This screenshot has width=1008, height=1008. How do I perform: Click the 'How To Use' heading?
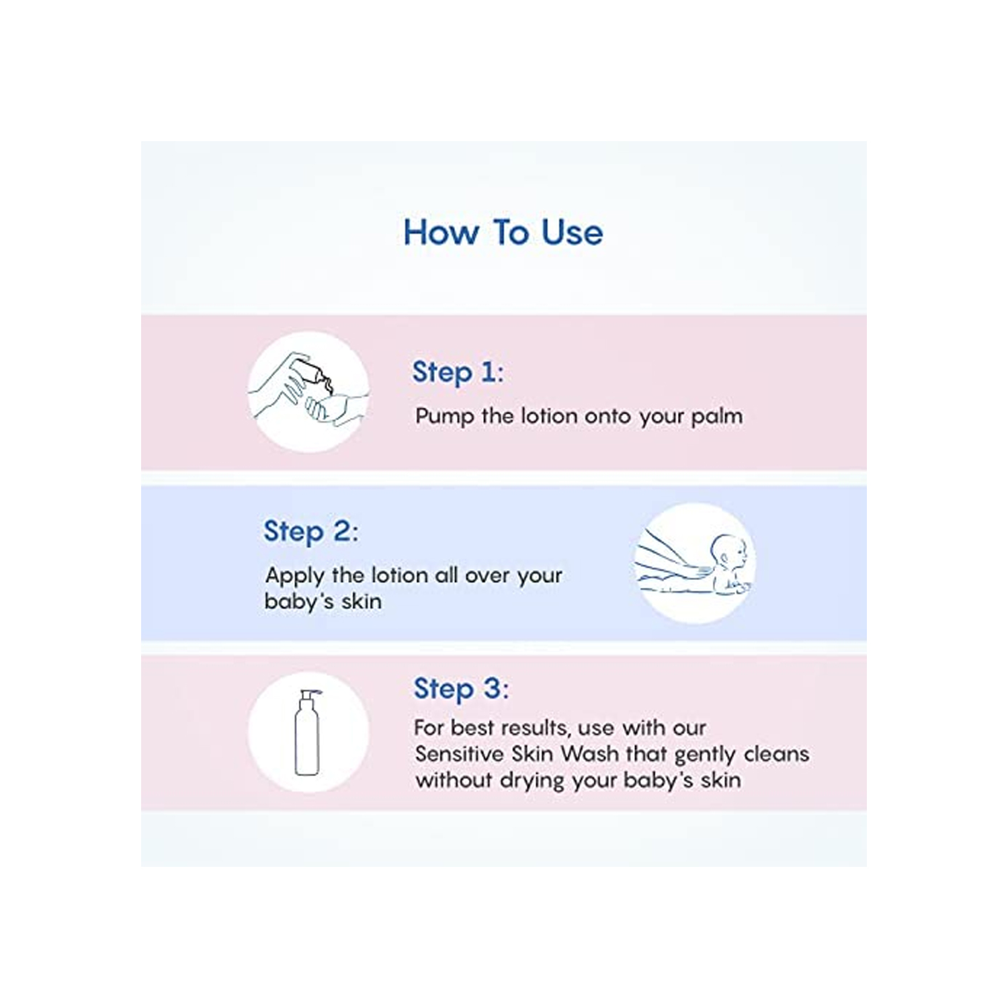503,233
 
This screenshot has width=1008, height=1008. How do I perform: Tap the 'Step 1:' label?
458,372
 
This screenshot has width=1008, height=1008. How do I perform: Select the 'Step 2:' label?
310,532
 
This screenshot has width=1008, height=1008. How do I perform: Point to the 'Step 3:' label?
461,689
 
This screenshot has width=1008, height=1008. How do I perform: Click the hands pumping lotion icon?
308,392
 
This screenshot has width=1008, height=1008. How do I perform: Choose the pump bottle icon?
307,732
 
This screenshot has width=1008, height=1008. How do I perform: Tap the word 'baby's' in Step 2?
298,601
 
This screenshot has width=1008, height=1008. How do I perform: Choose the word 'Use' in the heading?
573,233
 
